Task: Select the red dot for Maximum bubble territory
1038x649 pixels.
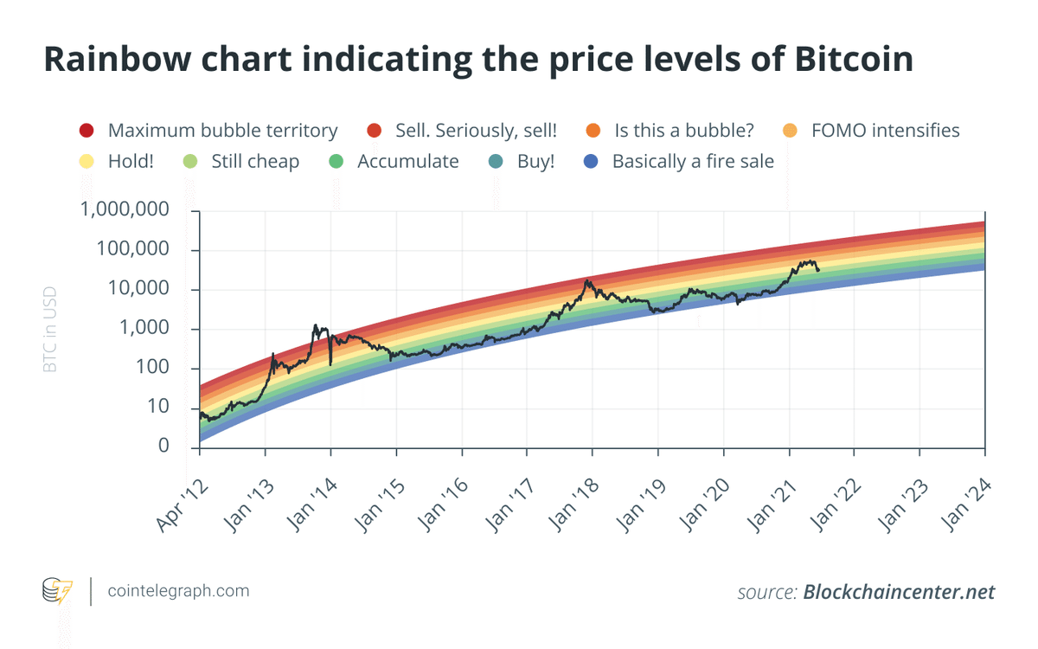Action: pyautogui.click(x=86, y=132)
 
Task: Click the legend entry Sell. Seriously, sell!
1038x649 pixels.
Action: pyautogui.click(x=476, y=131)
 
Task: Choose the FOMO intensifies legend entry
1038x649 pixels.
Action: pyautogui.click(x=885, y=131)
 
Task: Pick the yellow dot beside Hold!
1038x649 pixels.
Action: pyautogui.click(x=86, y=162)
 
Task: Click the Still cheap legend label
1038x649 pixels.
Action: pyautogui.click(x=255, y=162)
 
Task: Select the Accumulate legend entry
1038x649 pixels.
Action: pyautogui.click(x=407, y=162)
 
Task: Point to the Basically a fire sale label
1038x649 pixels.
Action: pyautogui.click(x=693, y=162)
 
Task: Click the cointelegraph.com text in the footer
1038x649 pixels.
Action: pyautogui.click(x=178, y=591)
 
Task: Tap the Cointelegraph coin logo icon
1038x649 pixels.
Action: pyautogui.click(x=59, y=591)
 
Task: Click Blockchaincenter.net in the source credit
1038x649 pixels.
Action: pyautogui.click(x=899, y=593)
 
